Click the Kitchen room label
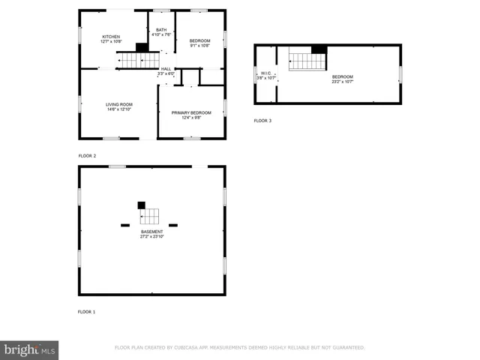(x=111, y=36)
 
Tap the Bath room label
(x=162, y=30)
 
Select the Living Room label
(x=118, y=104)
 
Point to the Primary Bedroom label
(x=191, y=112)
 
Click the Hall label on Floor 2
(x=166, y=69)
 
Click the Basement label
(x=151, y=232)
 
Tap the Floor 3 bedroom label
(x=342, y=76)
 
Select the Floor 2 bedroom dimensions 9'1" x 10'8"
(x=199, y=46)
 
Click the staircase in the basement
(x=151, y=216)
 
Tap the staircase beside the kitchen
(x=140, y=60)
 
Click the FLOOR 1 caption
(x=87, y=311)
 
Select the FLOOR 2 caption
(x=88, y=155)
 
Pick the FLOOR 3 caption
(x=262, y=121)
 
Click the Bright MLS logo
(x=30, y=349)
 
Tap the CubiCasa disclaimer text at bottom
(x=239, y=348)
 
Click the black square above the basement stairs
(x=141, y=205)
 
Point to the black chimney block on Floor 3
(x=319, y=49)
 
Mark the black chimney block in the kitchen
(x=141, y=47)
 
